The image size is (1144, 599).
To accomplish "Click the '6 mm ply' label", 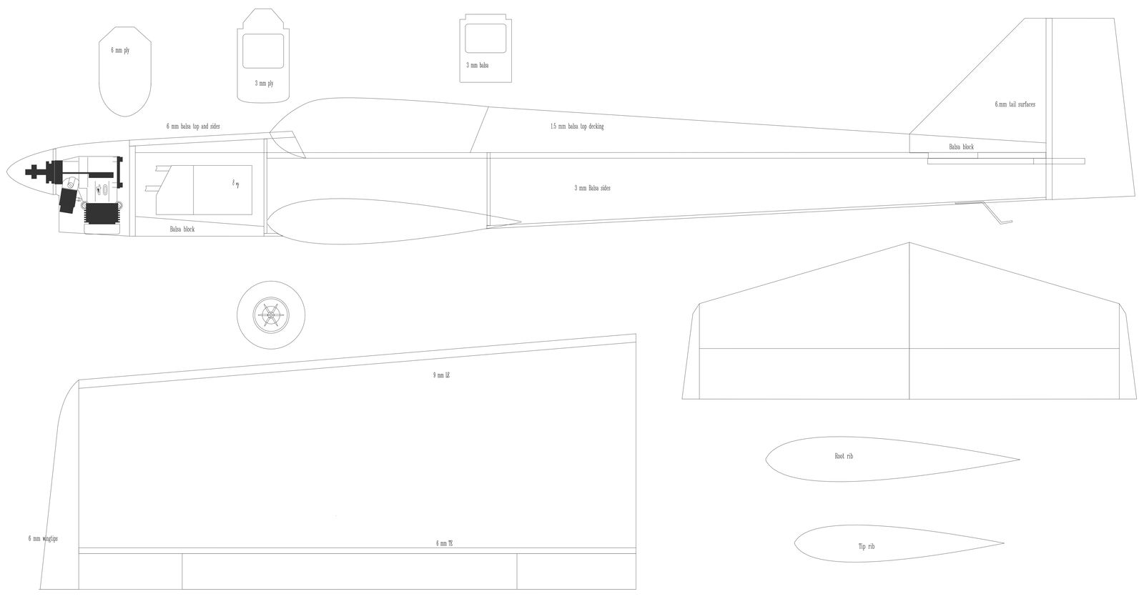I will coord(119,51).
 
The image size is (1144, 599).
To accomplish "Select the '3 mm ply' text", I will coord(264,84).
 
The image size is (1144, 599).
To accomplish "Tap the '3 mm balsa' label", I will coord(478,65).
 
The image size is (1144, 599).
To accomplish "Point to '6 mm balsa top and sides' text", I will coord(193,126).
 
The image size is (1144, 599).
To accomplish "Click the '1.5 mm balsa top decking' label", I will coord(577,127).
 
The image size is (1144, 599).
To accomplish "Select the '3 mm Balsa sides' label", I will coord(592,188).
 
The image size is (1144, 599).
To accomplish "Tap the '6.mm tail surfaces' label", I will coord(1015,104).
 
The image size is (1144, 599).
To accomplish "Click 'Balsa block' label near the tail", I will coord(961,147).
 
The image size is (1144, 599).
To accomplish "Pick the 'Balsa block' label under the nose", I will coord(182,229).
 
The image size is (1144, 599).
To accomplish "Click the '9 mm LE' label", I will coord(441,375).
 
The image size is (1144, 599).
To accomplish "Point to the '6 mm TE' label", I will coord(444,544).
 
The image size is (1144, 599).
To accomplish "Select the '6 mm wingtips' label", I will coord(43,538).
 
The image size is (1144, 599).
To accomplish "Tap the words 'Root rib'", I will coord(844,456).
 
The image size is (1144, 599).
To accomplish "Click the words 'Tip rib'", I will coord(866,546).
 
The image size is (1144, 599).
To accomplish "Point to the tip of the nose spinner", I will coord(7,172).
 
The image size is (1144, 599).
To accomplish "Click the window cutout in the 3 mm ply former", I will coord(263,51).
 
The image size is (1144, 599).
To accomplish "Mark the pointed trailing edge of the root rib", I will coord(1019,460).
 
